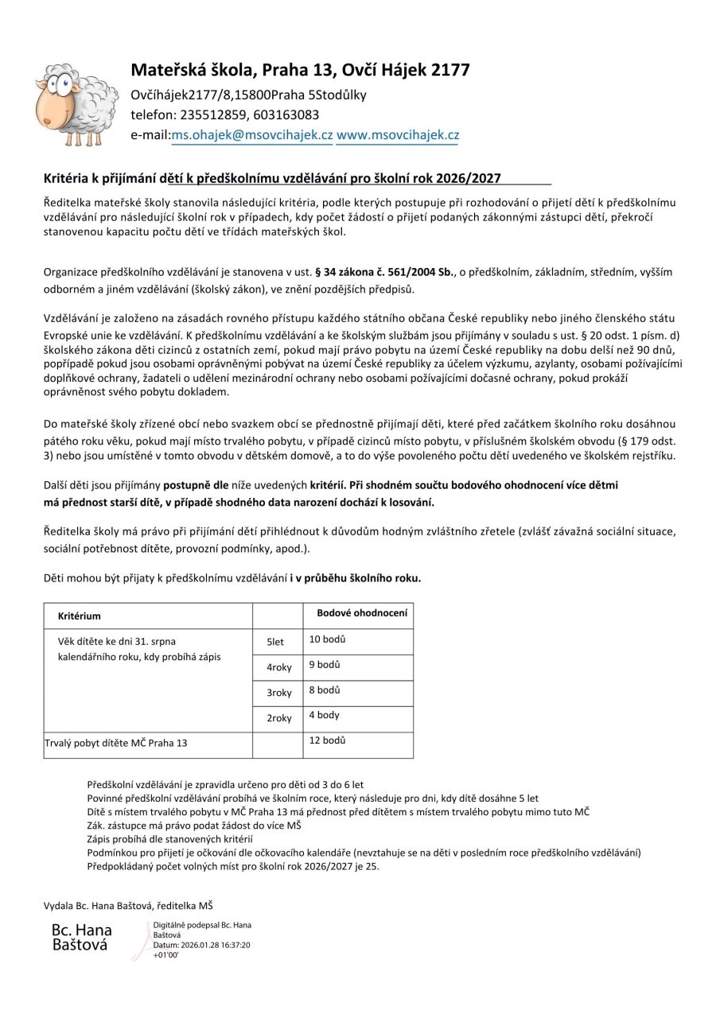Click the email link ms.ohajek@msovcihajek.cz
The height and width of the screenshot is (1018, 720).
[x=252, y=135]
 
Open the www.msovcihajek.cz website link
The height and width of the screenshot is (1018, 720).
[x=397, y=135]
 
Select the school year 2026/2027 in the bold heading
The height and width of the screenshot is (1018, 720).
[x=469, y=180]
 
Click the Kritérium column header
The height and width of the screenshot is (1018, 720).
[x=80, y=616]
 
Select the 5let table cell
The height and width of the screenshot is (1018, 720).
[x=275, y=642]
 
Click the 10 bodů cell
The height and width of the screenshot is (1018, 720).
[x=327, y=639]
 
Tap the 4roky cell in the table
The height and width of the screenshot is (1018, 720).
[x=279, y=668]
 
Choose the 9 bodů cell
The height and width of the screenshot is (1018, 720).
[x=325, y=664]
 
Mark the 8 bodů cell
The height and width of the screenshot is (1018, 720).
[x=325, y=690]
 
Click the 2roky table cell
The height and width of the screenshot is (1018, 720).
[x=279, y=718]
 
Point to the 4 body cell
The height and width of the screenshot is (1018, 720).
[x=324, y=715]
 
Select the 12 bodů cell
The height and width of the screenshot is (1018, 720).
[x=327, y=740]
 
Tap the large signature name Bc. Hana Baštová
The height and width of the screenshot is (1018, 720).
[x=82, y=937]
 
